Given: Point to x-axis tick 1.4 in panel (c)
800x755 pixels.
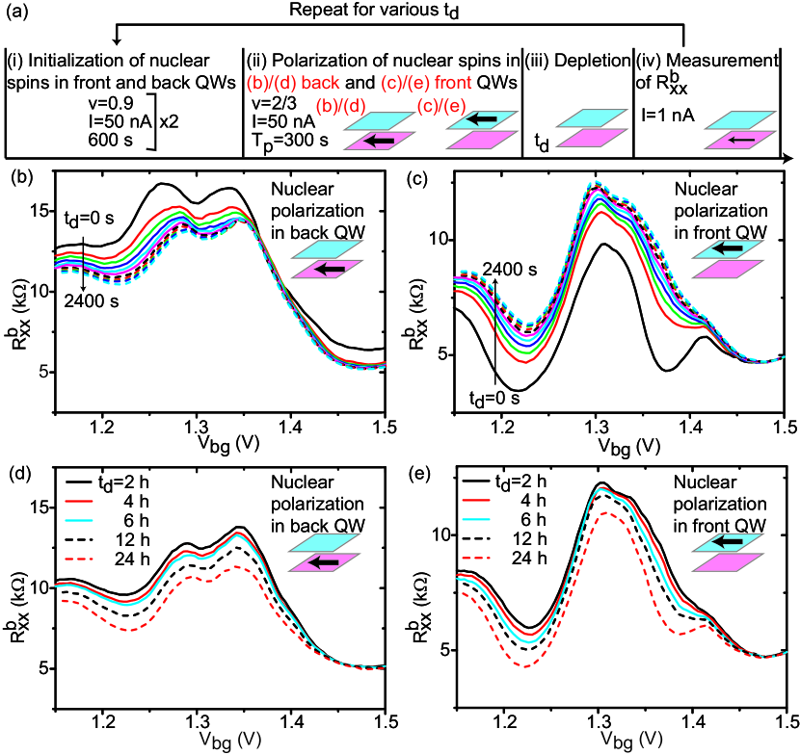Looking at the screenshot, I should click(x=688, y=426).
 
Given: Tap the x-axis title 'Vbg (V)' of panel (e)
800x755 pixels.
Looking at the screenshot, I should click(x=627, y=739).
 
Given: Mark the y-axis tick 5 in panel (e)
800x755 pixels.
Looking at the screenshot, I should click(x=442, y=650).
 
